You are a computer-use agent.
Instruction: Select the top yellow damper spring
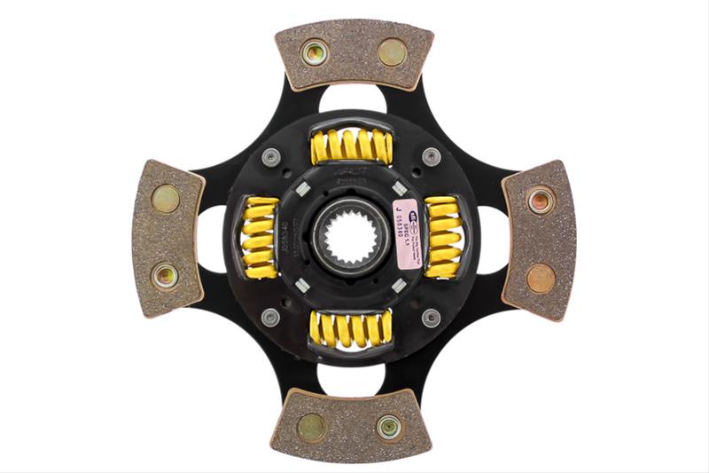[352, 146]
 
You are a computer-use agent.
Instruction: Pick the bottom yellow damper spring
[352, 328]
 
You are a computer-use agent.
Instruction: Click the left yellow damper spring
[260, 237]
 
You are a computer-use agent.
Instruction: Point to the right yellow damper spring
[443, 237]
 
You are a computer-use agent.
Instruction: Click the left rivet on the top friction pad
[315, 52]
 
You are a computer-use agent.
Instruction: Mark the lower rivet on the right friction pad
[541, 278]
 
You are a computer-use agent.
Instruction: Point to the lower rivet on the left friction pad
[165, 276]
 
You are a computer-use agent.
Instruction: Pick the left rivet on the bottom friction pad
[311, 427]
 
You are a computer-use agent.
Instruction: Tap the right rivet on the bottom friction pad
[389, 427]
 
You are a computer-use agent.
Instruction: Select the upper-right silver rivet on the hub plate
[432, 157]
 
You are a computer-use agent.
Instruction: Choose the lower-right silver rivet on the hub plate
[432, 317]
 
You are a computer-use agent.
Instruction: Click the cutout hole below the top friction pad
[352, 97]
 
